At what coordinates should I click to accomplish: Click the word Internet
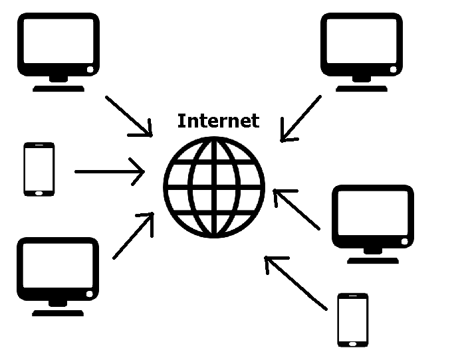pyautogui.click(x=218, y=121)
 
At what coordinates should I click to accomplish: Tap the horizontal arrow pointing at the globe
pyautogui.click(x=110, y=172)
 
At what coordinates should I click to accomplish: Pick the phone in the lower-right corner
pyautogui.click(x=352, y=319)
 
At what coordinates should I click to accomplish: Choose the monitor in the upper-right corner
pyautogui.click(x=362, y=49)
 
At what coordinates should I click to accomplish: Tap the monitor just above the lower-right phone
pyautogui.click(x=372, y=223)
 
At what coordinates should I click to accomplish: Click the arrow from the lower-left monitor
pyautogui.click(x=134, y=236)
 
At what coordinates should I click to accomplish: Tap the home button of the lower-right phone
pyautogui.click(x=352, y=343)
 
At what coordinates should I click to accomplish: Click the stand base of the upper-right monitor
pyautogui.click(x=362, y=88)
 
